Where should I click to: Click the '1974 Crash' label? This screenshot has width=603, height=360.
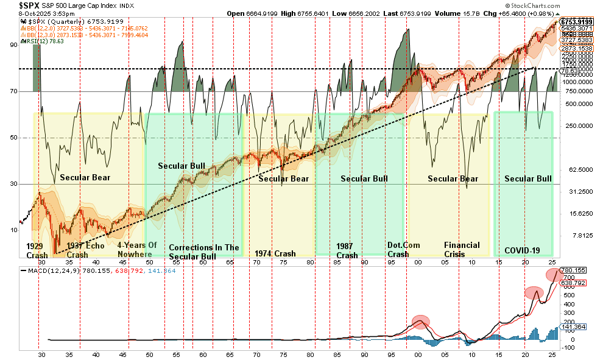pyautogui.click(x=275, y=253)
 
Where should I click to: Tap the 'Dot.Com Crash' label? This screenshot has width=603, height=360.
pyautogui.click(x=398, y=250)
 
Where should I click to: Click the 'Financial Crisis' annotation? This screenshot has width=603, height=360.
pyautogui.click(x=462, y=250)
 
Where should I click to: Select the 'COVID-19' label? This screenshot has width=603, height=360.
pyautogui.click(x=523, y=250)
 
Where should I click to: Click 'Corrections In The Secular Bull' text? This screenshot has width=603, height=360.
pyautogui.click(x=204, y=252)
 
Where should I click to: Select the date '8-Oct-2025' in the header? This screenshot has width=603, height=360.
pyautogui.click(x=19, y=13)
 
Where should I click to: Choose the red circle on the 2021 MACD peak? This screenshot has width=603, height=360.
pyautogui.click(x=534, y=293)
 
